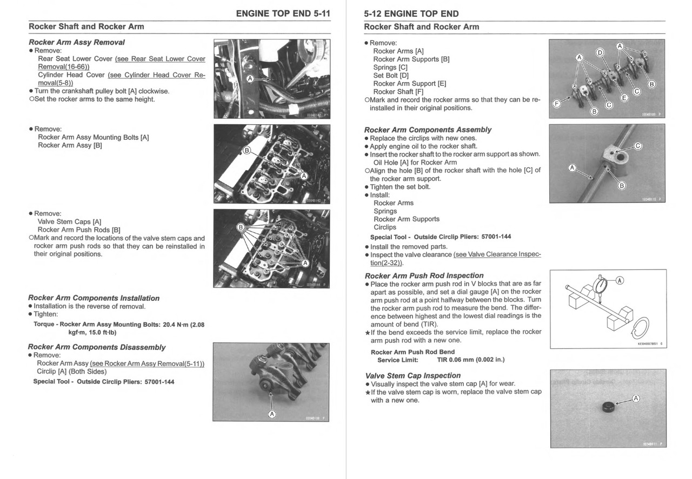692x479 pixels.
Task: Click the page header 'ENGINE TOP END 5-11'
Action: [283, 13]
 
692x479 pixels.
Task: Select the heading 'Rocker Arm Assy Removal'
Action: [76, 42]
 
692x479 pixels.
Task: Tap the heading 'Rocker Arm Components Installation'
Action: [94, 298]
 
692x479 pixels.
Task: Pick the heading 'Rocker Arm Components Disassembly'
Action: [96, 347]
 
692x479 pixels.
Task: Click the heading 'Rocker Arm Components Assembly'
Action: [428, 130]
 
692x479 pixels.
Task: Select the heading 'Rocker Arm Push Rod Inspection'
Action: [424, 275]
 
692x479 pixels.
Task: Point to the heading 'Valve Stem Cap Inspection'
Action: [413, 375]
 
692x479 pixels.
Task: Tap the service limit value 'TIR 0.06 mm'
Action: [471, 360]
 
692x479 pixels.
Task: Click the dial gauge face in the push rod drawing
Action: [601, 285]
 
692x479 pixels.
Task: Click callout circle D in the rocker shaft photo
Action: [599, 53]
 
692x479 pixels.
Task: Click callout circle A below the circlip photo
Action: [271, 414]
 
